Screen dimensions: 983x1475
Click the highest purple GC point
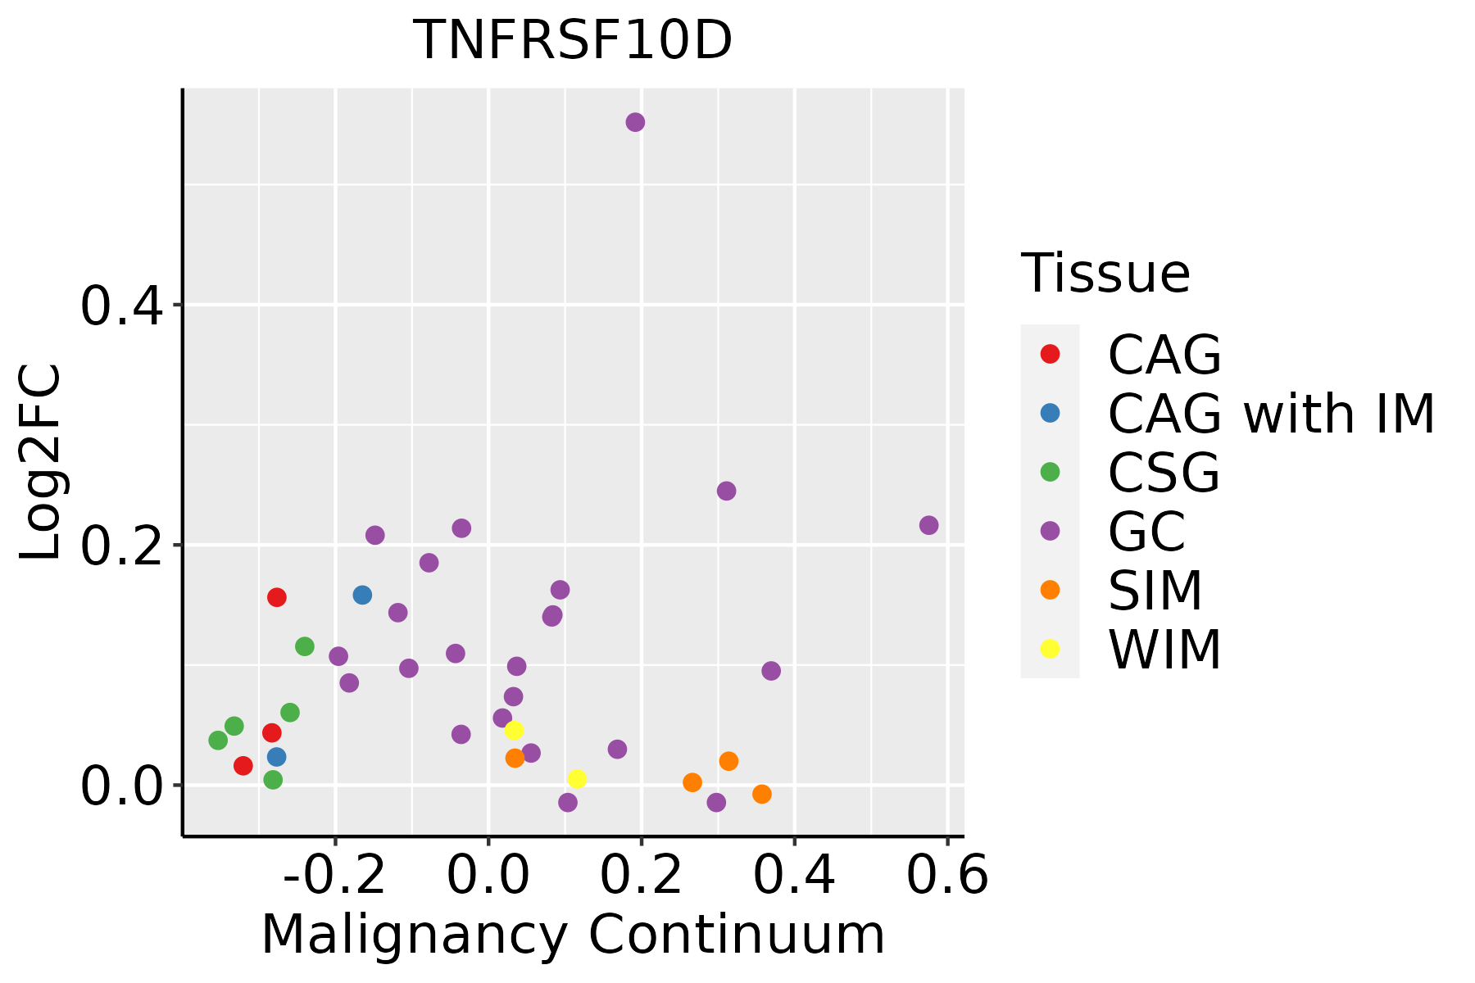[635, 122]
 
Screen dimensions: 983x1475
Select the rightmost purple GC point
[928, 525]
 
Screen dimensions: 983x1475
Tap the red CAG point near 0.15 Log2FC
[277, 597]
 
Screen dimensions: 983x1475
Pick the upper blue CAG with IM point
[362, 595]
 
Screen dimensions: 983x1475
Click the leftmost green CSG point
[218, 741]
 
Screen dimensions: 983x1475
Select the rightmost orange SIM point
[762, 794]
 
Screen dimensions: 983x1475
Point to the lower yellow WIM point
[577, 779]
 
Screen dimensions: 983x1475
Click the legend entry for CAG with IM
[1271, 414]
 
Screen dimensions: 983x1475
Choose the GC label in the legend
[1146, 532]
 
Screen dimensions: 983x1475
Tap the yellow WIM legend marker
[1050, 649]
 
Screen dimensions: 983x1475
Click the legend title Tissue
[1105, 274]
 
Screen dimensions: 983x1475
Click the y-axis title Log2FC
[41, 463]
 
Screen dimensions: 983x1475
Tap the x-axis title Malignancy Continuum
[573, 935]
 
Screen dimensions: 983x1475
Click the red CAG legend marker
[1050, 354]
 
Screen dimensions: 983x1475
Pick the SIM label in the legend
[1155, 591]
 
